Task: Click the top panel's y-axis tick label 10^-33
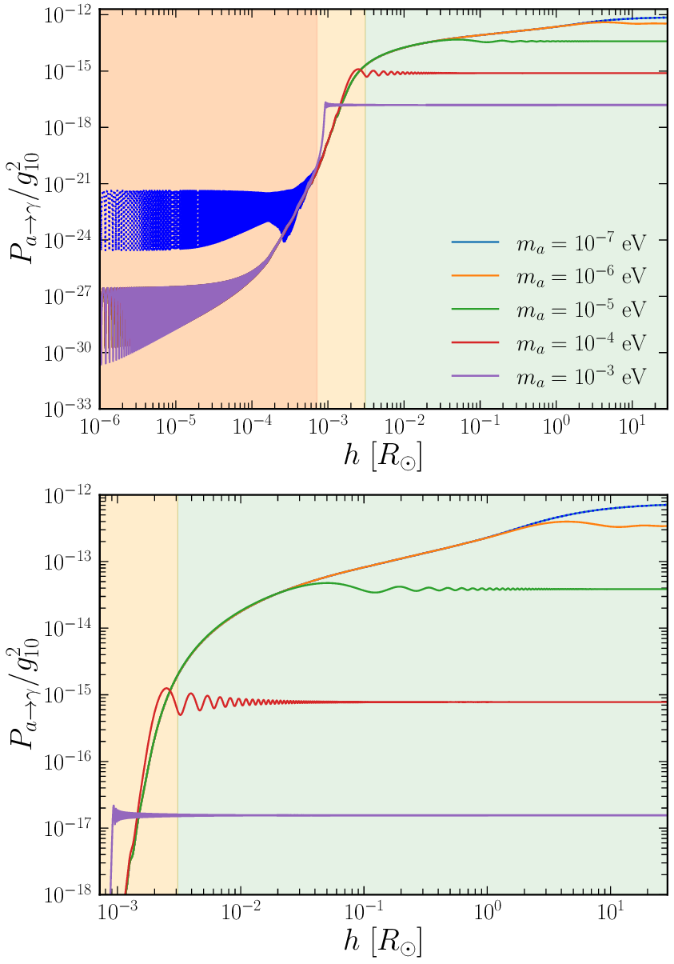[x=66, y=408]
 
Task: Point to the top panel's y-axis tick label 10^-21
[x=66, y=183]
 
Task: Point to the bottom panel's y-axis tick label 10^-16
[x=66, y=761]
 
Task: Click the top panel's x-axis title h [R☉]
[x=380, y=459]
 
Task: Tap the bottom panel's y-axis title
[x=24, y=692]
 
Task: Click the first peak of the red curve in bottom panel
[x=166, y=688]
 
